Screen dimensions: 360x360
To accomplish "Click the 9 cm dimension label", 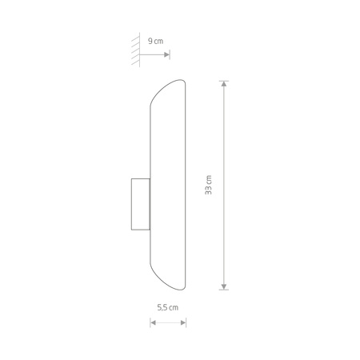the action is (x=155, y=41).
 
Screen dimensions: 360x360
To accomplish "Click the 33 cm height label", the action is (x=208, y=185).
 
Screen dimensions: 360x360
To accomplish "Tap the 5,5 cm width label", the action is (x=168, y=307).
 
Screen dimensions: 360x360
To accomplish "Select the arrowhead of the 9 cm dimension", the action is (x=166, y=54).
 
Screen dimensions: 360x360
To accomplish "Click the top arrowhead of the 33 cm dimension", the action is (x=224, y=84).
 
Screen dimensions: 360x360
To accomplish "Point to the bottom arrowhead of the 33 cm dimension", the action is (x=224, y=286).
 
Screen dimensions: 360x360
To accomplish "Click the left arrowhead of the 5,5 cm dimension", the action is (x=153, y=323).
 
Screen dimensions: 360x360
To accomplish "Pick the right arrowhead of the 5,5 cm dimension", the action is (x=183, y=323).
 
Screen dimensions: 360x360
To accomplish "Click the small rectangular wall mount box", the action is (x=141, y=204).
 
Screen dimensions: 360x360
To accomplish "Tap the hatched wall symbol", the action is (x=136, y=50).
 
